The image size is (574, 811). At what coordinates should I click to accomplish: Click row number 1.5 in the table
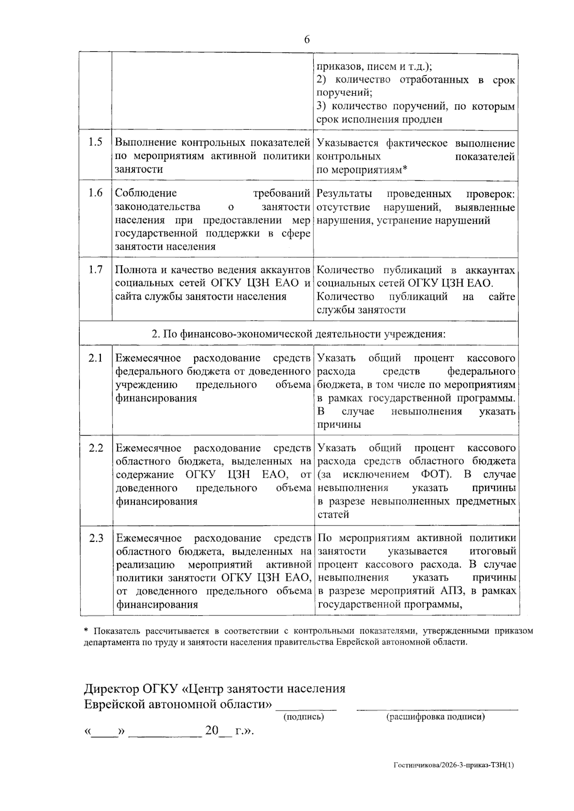(x=95, y=142)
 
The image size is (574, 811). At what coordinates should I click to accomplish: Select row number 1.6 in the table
(x=95, y=193)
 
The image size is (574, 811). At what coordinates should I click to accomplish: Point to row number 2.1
(x=95, y=358)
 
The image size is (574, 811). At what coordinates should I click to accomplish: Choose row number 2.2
(x=96, y=448)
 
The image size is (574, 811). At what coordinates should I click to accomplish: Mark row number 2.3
(x=96, y=538)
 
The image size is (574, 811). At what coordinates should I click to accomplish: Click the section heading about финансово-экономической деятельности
(x=298, y=333)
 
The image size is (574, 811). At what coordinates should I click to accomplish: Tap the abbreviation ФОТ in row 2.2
(x=434, y=474)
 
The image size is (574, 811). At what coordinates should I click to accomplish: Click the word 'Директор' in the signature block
(x=111, y=689)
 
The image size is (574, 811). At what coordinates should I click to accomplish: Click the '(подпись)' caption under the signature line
(x=304, y=717)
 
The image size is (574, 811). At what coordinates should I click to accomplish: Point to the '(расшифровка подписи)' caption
(x=436, y=717)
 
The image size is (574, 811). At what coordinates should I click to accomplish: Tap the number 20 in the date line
(x=211, y=731)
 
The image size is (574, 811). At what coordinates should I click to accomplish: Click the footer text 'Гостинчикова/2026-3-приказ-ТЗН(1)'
(x=454, y=766)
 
